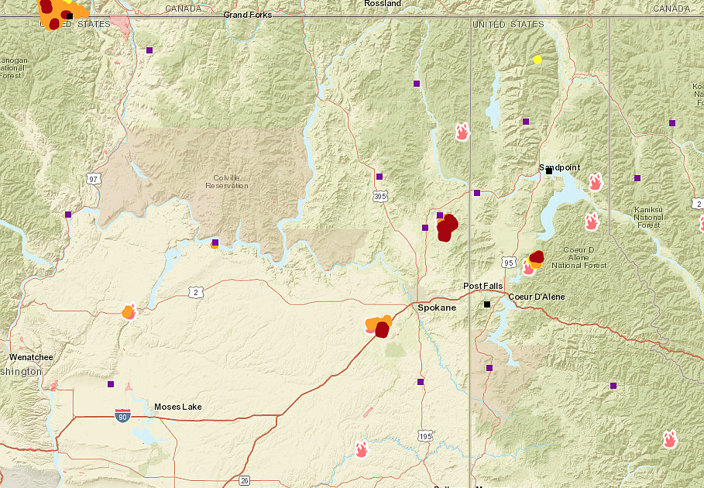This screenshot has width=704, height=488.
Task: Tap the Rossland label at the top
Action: coord(383,4)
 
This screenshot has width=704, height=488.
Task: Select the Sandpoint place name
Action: coord(559,167)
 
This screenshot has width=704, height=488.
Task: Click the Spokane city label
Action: coord(437,308)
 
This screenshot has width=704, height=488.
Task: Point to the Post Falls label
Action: coord(483,286)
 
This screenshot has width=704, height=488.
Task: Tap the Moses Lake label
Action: coord(177,407)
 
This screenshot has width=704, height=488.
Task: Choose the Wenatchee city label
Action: coord(31,357)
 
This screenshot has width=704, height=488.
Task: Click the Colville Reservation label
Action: coord(227,182)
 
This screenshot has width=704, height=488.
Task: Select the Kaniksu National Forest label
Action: coord(648,217)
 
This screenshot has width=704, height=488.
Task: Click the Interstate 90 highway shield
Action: coord(122,416)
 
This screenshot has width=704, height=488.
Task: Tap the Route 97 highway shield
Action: coord(94,179)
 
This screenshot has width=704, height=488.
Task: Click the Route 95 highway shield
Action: coord(508,262)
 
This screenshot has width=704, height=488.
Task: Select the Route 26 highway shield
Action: coord(245,479)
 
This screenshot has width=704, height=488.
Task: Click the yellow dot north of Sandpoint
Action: coord(537,59)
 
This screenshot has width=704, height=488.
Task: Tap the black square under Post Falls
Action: coord(487,304)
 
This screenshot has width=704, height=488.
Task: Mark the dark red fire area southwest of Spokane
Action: coord(382,330)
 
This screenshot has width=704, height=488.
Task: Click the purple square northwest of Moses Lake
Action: coord(111,383)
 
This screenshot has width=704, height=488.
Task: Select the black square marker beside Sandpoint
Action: coord(549,171)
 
